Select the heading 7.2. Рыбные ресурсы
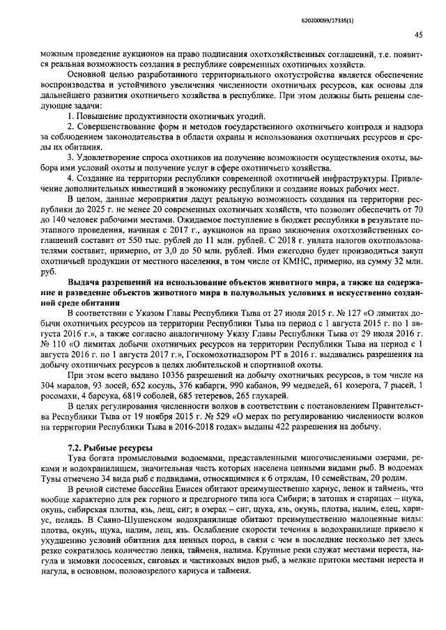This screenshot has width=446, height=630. (110, 446)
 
